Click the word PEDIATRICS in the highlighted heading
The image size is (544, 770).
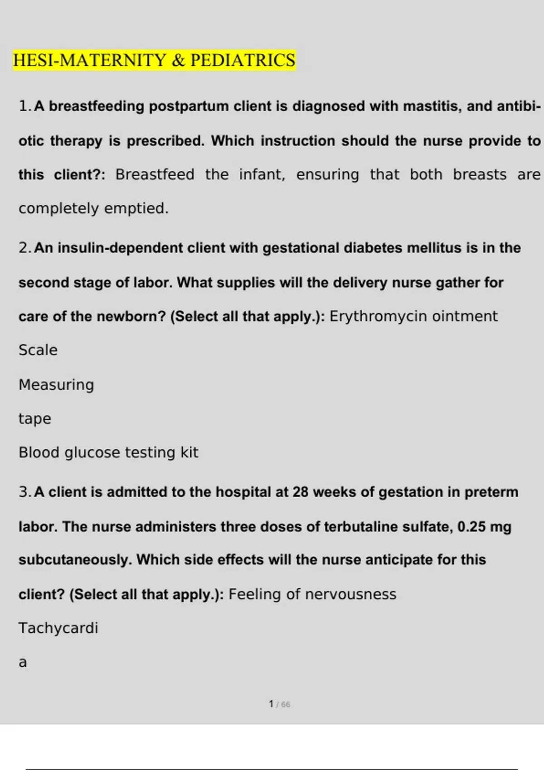243,60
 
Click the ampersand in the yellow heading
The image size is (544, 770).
179,60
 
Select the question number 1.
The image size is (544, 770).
24,106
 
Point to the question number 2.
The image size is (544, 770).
24,248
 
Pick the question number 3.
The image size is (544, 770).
24,492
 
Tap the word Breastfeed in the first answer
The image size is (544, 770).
155,174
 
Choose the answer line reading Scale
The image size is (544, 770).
38,350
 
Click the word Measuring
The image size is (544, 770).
56,385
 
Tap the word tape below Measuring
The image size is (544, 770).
34,419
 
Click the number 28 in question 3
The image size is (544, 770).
301,492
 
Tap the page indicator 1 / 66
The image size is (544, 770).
279,704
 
